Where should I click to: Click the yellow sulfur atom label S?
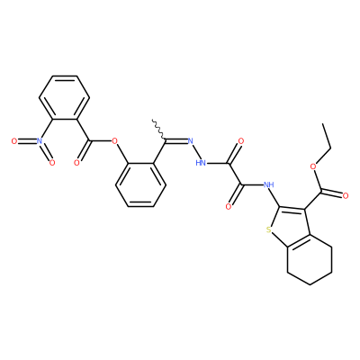[x=268, y=230]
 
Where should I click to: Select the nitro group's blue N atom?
[x=39, y=141]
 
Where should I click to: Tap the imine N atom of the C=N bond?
[x=190, y=141]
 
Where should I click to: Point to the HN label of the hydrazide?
[x=201, y=163]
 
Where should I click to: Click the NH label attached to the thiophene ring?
[x=268, y=184]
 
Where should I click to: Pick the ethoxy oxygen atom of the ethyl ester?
[x=314, y=166]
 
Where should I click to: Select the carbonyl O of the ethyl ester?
[x=346, y=196]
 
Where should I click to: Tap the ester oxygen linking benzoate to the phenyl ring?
[x=113, y=141]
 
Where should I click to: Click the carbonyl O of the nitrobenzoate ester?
[x=76, y=163]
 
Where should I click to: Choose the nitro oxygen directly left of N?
[x=13, y=141]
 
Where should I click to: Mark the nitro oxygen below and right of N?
[x=52, y=163]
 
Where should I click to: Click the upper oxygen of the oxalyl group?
[x=240, y=141]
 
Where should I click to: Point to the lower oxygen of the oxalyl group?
[x=229, y=206]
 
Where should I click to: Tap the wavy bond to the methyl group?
[x=159, y=130]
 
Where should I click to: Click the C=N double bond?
[x=175, y=139]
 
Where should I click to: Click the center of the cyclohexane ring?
[x=310, y=259]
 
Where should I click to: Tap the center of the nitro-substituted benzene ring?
[x=65, y=97]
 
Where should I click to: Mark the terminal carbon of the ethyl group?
[x=323, y=123]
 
